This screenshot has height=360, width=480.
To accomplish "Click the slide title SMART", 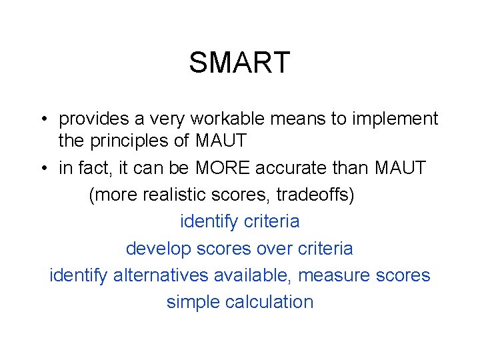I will [239, 63].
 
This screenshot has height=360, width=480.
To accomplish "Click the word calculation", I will [269, 302].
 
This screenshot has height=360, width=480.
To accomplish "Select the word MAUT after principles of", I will [221, 141].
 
